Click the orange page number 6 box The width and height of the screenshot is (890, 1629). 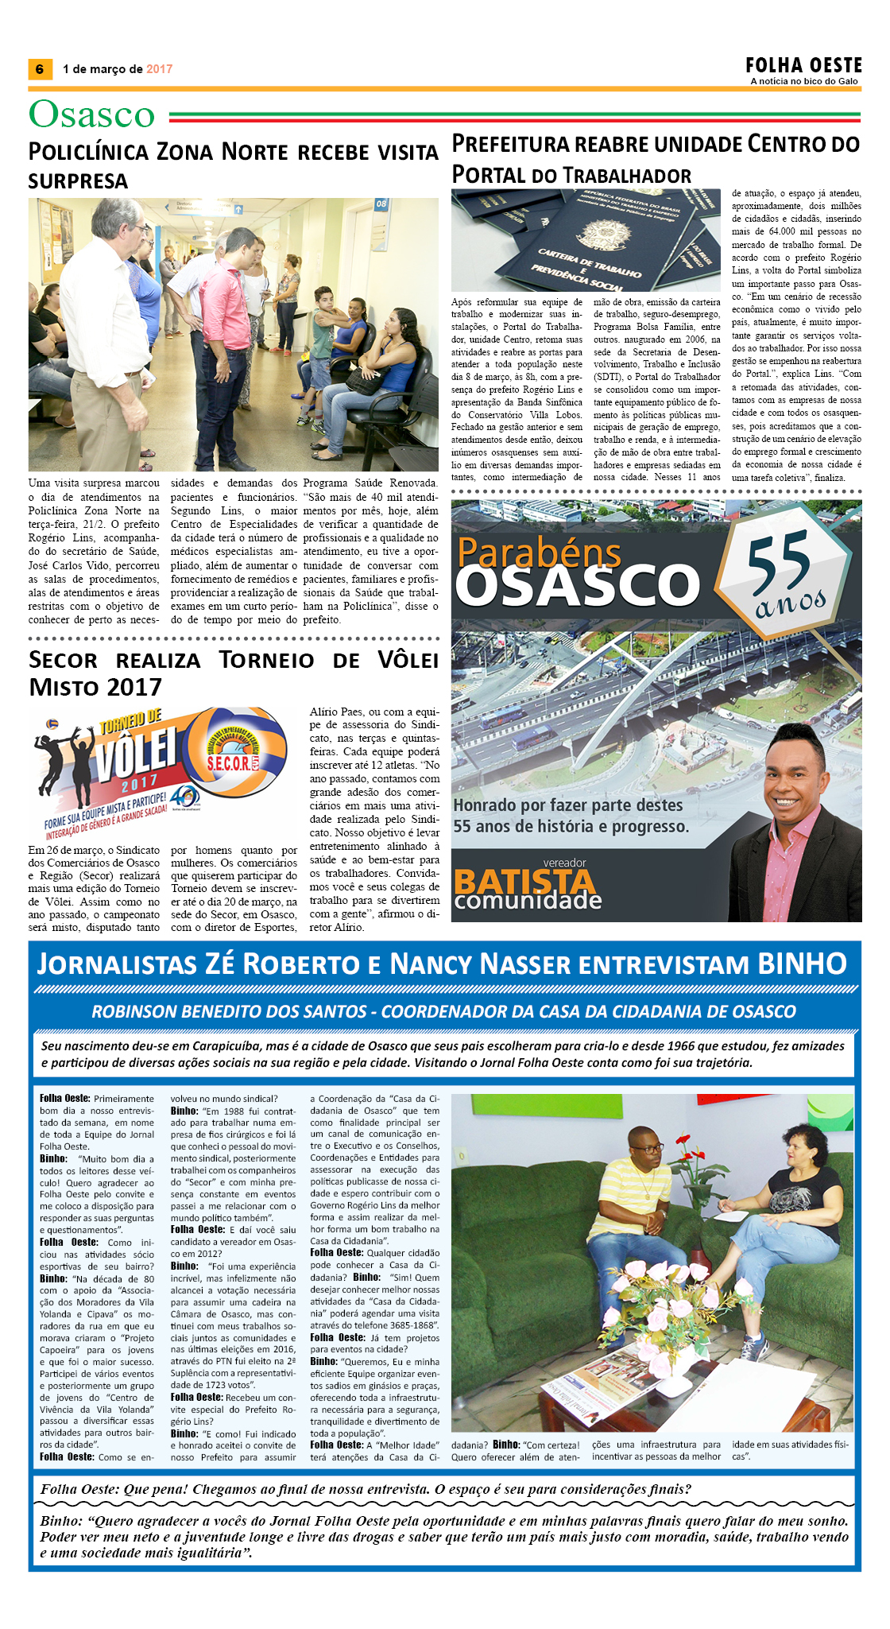[x=40, y=69]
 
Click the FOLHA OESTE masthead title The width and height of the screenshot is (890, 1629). [x=803, y=65]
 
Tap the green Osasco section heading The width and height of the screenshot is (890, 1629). [x=91, y=114]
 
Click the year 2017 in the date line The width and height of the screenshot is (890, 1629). [x=159, y=69]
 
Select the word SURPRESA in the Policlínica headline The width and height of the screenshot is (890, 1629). [x=78, y=181]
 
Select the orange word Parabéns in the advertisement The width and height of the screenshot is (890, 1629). [x=540, y=551]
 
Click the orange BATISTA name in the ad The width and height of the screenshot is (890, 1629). [x=524, y=881]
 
